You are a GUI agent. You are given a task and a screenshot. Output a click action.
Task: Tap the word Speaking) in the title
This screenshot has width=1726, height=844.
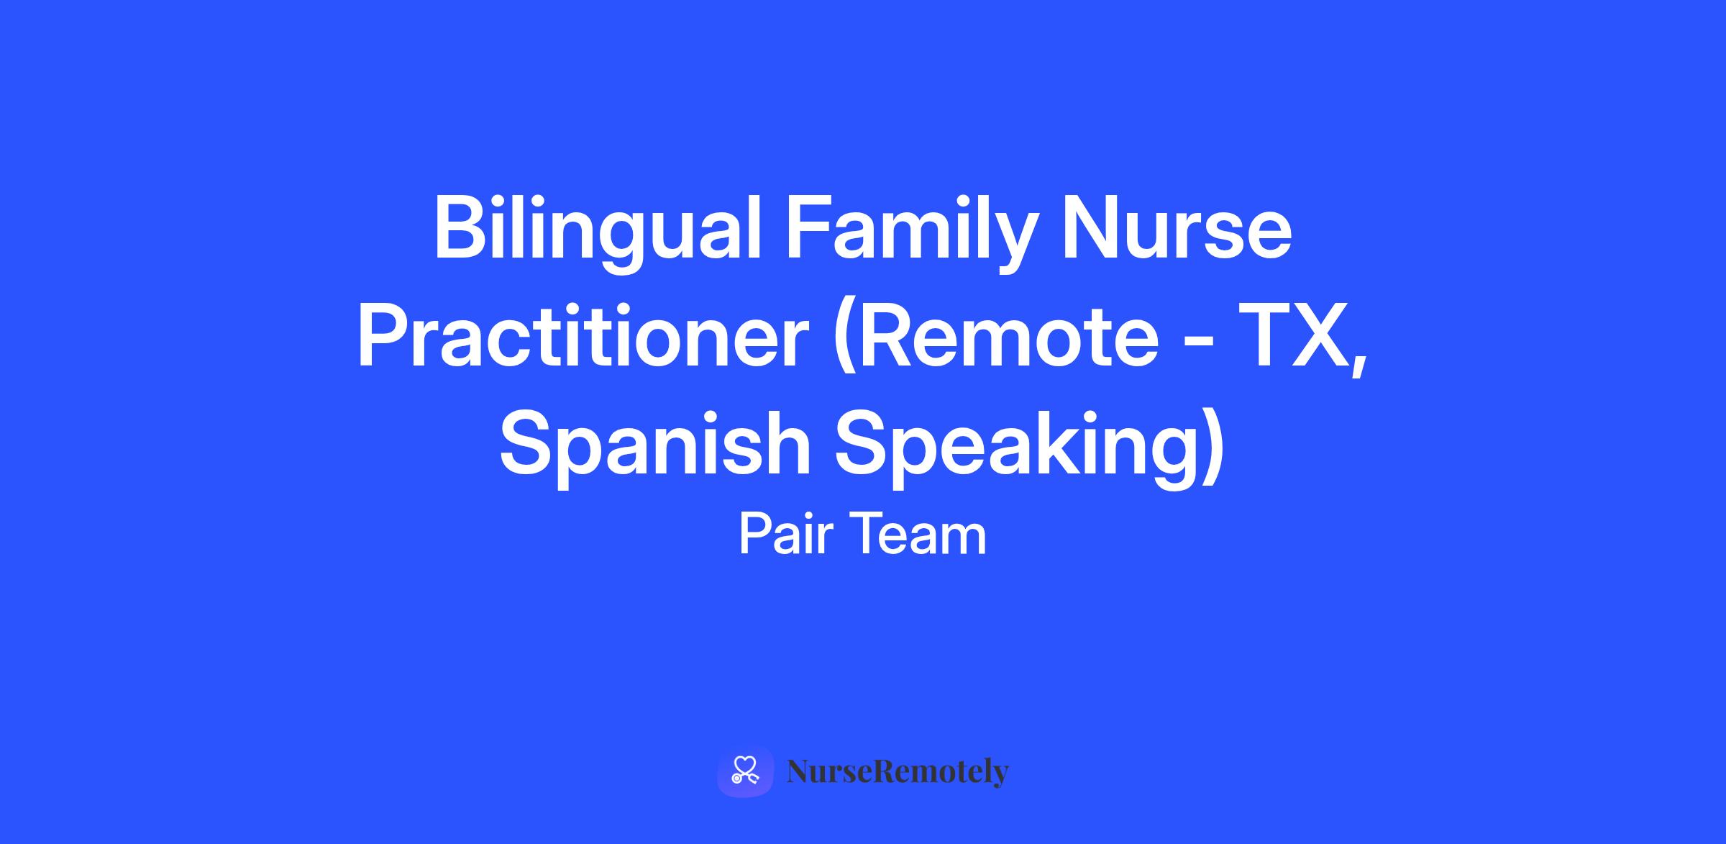[x=1029, y=446]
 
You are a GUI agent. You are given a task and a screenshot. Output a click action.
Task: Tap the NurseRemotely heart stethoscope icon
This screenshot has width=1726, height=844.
[x=745, y=771]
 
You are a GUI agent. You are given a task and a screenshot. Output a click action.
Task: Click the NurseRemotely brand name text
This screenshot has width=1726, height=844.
[x=898, y=772]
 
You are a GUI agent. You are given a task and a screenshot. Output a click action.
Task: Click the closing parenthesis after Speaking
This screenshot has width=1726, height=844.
[x=1213, y=446]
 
